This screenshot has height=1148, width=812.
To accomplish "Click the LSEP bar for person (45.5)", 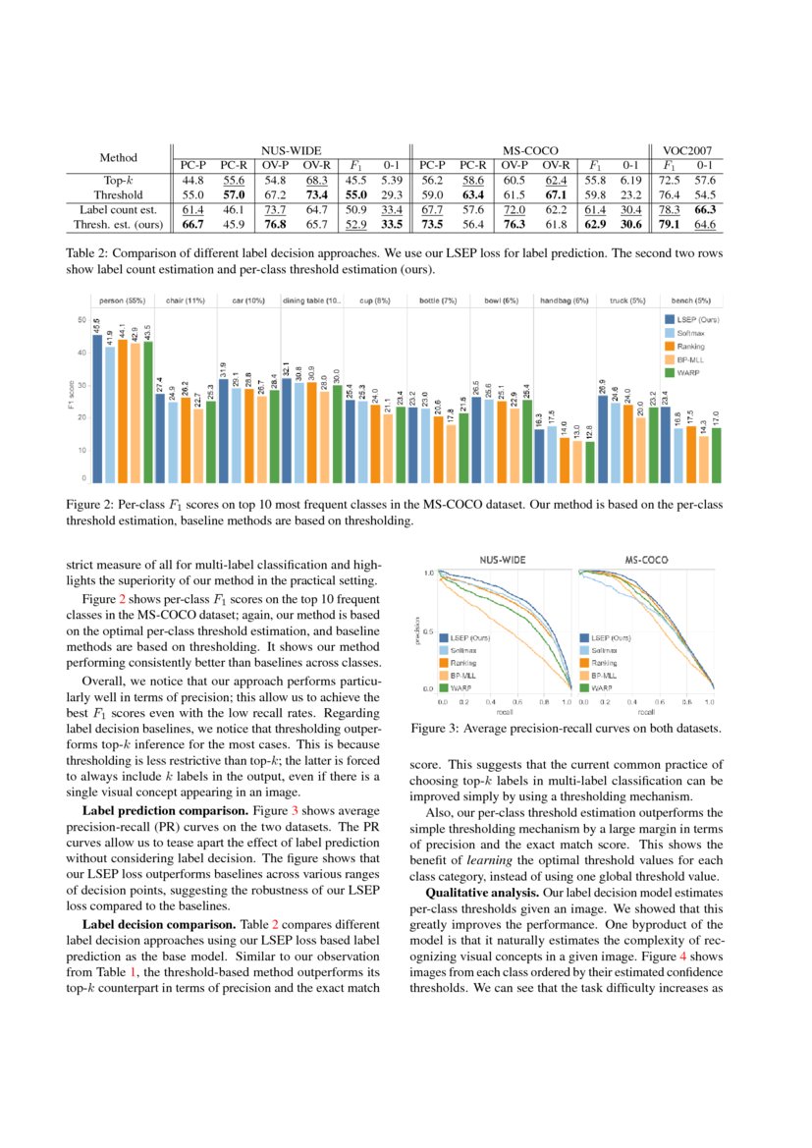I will click(x=97, y=408).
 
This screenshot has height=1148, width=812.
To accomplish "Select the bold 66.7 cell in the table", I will click(x=192, y=225).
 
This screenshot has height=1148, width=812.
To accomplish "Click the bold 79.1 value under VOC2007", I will click(x=670, y=225).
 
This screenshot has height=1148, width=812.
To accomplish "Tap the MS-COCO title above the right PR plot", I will click(x=646, y=559).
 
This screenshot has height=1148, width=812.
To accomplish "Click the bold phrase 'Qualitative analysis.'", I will click(x=473, y=893).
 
